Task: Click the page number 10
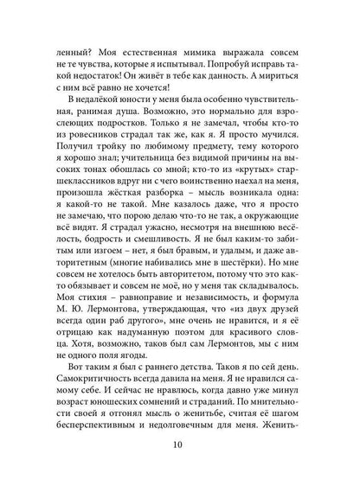(x=180, y=450)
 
